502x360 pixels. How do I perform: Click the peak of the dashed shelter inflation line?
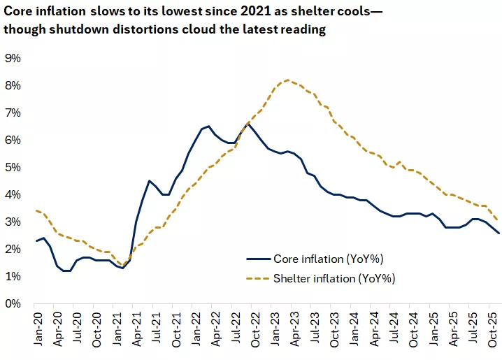point(288,80)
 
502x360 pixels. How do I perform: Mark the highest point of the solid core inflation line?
point(248,124)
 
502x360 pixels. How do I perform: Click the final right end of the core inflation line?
point(499,233)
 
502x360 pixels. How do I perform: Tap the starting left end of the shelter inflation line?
point(36,210)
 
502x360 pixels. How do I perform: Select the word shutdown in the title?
point(77,31)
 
